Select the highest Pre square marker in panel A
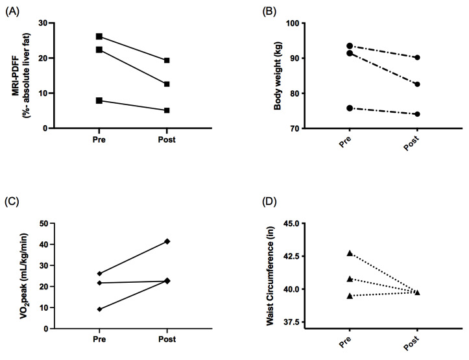coord(99,36)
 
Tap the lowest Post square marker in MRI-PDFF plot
coord(167,110)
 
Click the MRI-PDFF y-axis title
coord(21,75)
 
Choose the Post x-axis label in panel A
coord(166,139)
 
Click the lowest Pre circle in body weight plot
coord(350,108)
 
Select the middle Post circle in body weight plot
coord(417,84)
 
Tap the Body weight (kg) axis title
coord(277,75)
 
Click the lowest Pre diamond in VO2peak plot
coord(99,309)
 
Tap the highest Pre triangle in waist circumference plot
coord(350,253)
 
